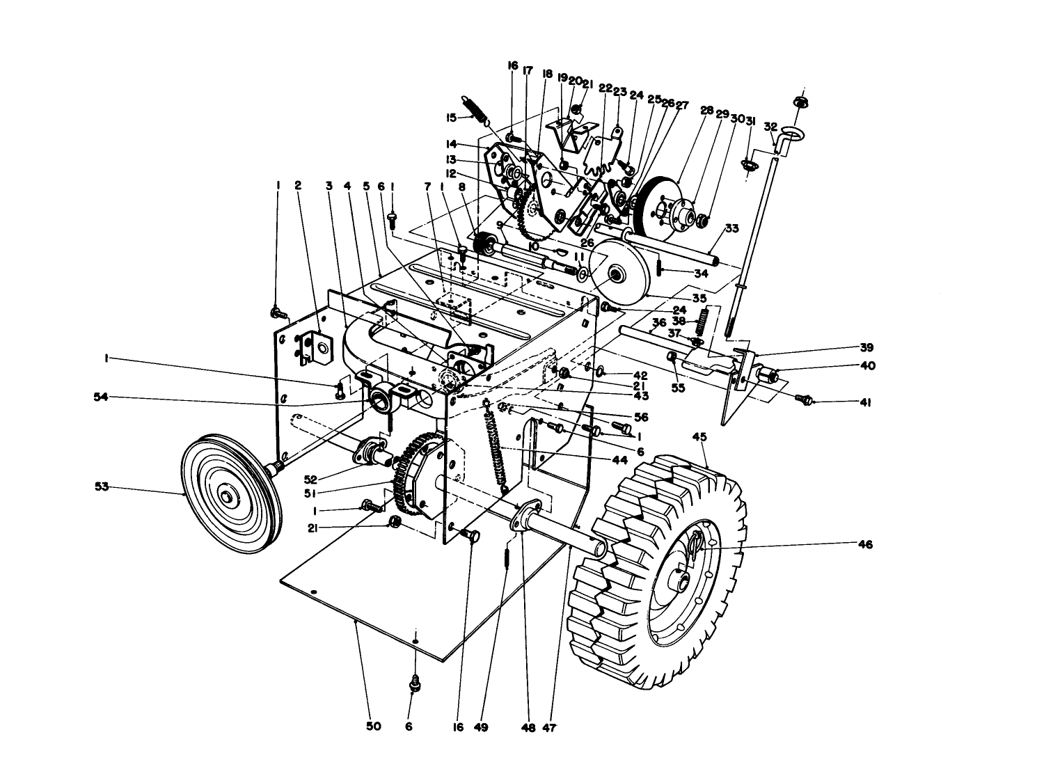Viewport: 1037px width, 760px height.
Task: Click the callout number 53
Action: [x=102, y=486]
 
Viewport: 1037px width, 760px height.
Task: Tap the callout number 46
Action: [x=864, y=545]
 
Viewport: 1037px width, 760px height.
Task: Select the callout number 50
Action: [x=374, y=727]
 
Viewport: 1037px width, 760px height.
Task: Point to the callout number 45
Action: [x=699, y=437]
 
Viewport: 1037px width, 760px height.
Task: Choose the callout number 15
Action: [x=450, y=117]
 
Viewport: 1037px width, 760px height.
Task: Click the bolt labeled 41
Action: [x=807, y=400]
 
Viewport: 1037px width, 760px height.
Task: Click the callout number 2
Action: [x=298, y=186]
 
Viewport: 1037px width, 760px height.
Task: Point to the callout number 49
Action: [x=481, y=727]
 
